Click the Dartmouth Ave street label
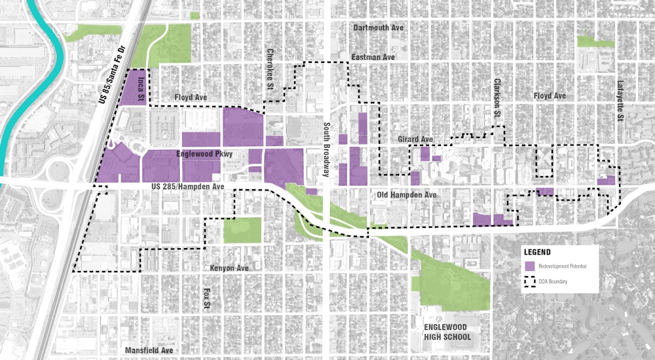click(x=378, y=28)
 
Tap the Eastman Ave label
click(x=373, y=58)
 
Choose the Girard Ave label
click(x=416, y=139)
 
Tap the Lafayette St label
click(x=619, y=101)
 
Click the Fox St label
click(x=205, y=295)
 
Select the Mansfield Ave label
click(x=149, y=350)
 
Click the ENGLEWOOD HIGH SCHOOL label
click(x=447, y=332)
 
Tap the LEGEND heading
click(x=537, y=252)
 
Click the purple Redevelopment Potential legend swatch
click(x=529, y=267)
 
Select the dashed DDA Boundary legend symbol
click(x=529, y=282)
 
